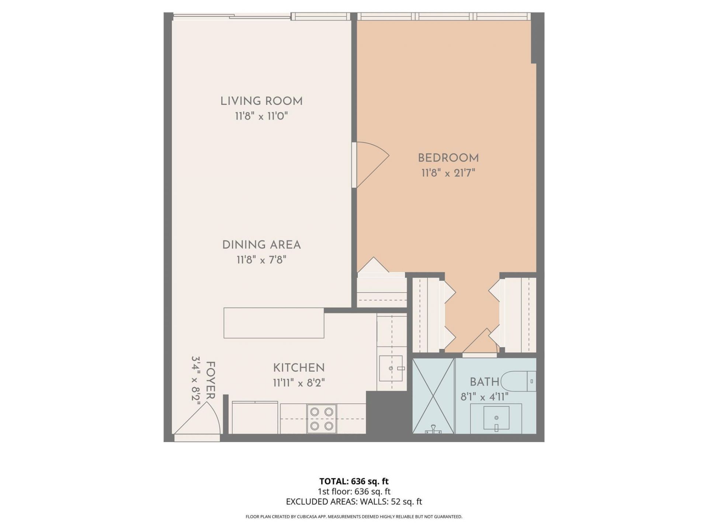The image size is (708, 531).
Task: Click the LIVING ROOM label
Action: coord(261,101)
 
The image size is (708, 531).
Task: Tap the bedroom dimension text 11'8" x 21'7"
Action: coord(448,173)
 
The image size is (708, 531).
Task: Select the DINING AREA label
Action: coord(261,245)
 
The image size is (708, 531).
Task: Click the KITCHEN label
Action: coord(299,368)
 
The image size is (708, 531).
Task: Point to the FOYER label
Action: coord(210,380)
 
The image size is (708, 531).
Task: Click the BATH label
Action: coord(484,382)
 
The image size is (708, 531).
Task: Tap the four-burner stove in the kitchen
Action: coord(322,419)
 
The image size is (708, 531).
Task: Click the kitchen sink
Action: coord(391,368)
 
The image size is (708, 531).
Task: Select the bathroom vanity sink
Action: coord(496,418)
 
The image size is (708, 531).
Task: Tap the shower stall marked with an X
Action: coord(434,395)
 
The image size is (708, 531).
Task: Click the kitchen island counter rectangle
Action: coord(274,323)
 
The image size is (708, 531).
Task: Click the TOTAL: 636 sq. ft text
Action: coord(354,481)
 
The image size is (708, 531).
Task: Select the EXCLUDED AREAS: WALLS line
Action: coord(354,502)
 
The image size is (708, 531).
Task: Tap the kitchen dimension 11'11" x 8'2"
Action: coord(299,383)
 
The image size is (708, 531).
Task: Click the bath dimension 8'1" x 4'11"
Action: coord(484,397)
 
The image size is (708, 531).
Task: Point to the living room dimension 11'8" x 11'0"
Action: coord(261,117)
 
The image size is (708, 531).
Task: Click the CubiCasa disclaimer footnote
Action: coord(354,517)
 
